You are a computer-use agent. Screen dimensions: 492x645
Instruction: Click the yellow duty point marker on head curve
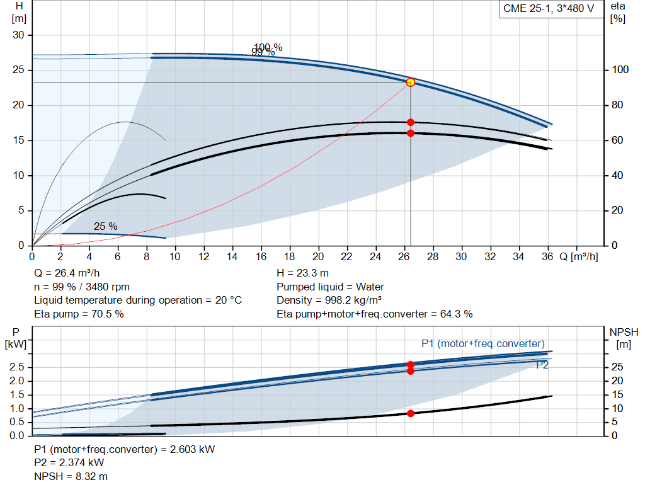pyautogui.click(x=411, y=83)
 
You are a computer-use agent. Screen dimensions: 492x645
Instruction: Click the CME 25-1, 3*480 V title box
pyautogui.click(x=549, y=9)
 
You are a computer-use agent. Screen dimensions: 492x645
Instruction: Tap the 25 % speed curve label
pyautogui.click(x=105, y=226)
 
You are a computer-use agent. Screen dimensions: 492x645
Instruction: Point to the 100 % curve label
pyautogui.click(x=268, y=47)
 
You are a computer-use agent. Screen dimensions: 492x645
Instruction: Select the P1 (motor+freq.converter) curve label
pyautogui.click(x=483, y=343)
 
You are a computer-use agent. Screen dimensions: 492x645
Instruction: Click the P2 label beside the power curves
pyautogui.click(x=542, y=364)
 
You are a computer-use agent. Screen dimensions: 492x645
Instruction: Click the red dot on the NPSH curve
pyautogui.click(x=411, y=413)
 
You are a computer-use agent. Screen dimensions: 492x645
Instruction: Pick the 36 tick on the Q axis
pyautogui.click(x=546, y=256)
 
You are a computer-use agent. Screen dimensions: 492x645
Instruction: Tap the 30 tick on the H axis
pyautogui.click(x=19, y=35)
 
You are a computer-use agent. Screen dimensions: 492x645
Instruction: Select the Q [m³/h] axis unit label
pyautogui.click(x=579, y=256)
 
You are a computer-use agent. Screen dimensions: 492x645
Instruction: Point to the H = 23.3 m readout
pyautogui.click(x=303, y=273)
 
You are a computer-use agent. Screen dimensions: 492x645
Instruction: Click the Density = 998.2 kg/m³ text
pyautogui.click(x=332, y=300)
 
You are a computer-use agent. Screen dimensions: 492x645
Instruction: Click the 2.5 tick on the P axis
pyautogui.click(x=18, y=367)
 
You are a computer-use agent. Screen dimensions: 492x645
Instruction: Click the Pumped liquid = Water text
pyautogui.click(x=326, y=287)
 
